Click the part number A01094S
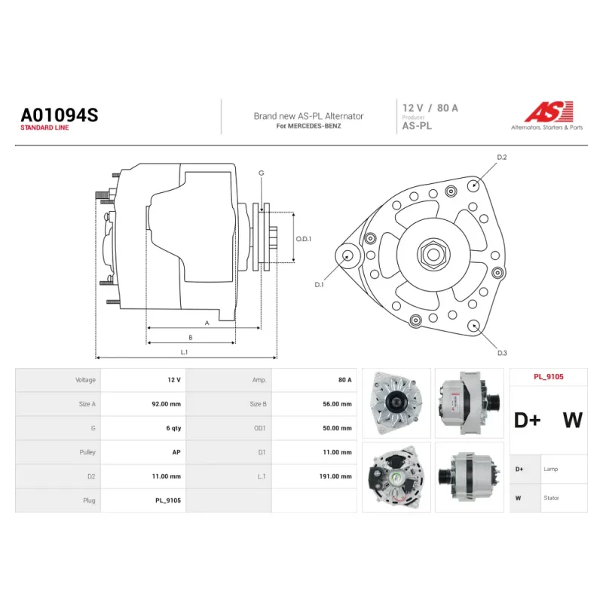(60, 115)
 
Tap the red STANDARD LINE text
(44, 127)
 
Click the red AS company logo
(549, 112)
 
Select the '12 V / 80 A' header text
(430, 108)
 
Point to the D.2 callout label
(502, 158)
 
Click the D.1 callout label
(319, 285)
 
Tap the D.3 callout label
(502, 353)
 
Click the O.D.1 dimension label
(304, 239)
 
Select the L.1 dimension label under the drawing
(184, 352)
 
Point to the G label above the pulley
(262, 173)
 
